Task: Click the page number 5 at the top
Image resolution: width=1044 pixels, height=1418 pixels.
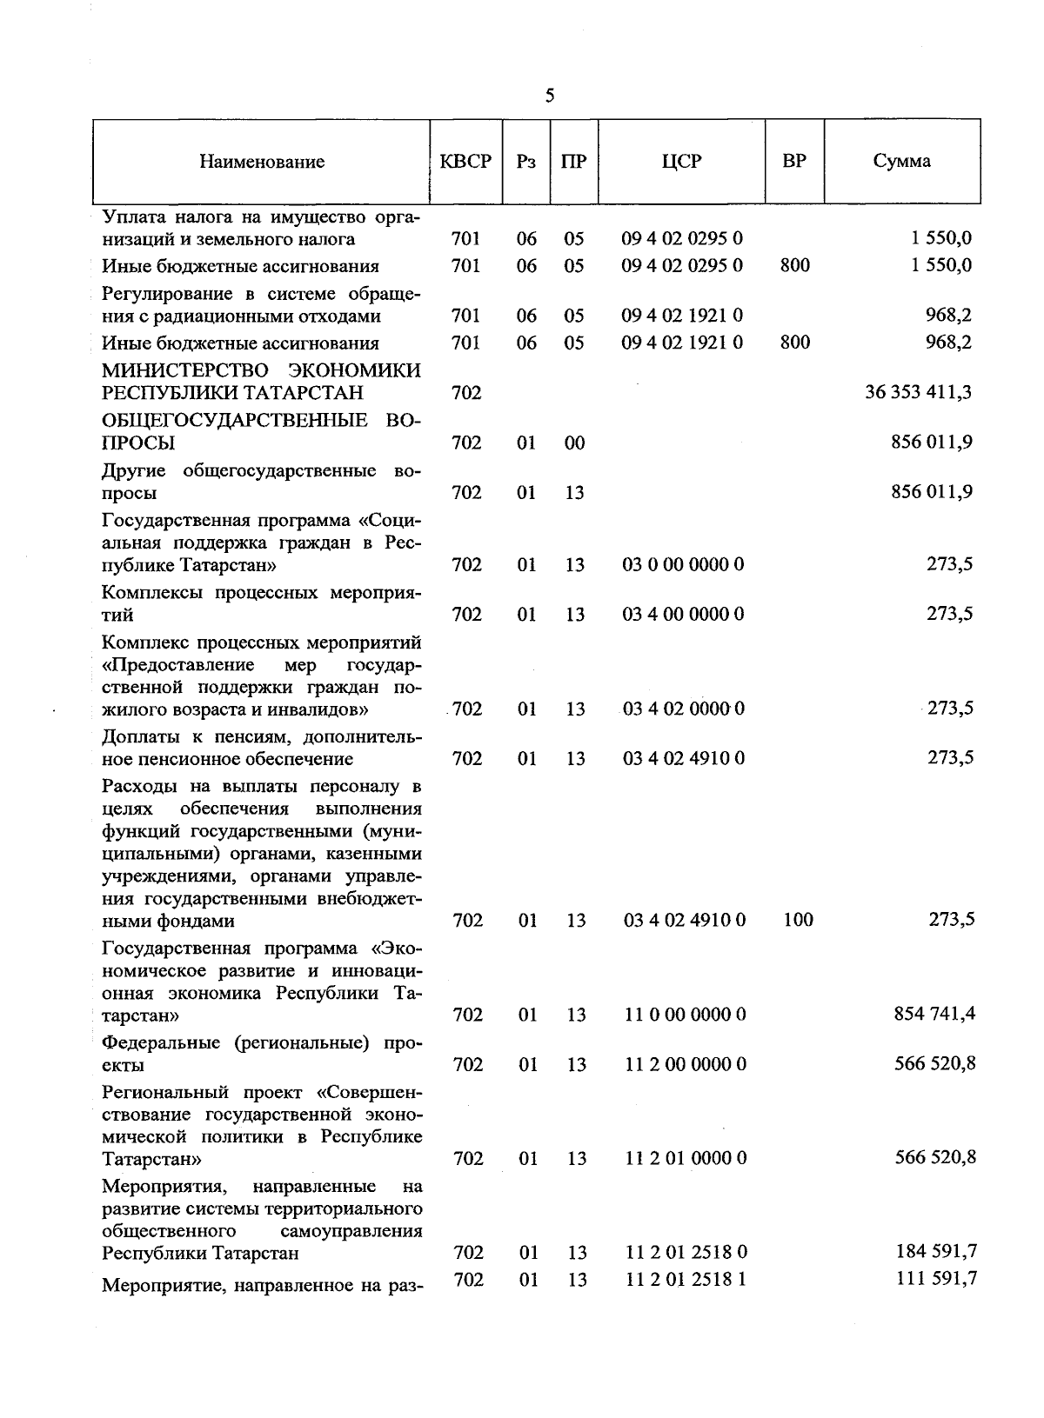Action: click(x=549, y=96)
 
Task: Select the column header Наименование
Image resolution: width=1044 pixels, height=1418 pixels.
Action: click(x=262, y=161)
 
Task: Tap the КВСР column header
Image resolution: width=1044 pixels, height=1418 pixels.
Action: click(x=465, y=161)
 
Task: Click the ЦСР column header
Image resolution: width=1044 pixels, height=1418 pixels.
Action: click(x=681, y=161)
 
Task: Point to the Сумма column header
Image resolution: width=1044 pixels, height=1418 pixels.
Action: click(x=901, y=161)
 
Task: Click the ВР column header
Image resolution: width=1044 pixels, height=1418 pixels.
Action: click(x=793, y=161)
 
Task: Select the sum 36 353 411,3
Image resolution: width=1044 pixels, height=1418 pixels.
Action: click(x=918, y=392)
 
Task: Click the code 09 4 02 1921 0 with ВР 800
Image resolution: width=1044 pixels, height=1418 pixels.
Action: click(x=682, y=343)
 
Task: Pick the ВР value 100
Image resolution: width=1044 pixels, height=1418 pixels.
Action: click(x=797, y=919)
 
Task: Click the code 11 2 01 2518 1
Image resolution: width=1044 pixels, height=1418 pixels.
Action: click(x=686, y=1279)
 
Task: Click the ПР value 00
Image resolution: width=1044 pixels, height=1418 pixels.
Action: click(x=574, y=443)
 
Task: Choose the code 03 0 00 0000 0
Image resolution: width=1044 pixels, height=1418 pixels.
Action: click(x=683, y=564)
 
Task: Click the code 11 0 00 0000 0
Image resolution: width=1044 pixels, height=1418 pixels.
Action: click(x=685, y=1014)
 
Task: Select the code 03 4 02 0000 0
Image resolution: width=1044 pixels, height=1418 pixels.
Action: click(x=683, y=709)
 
